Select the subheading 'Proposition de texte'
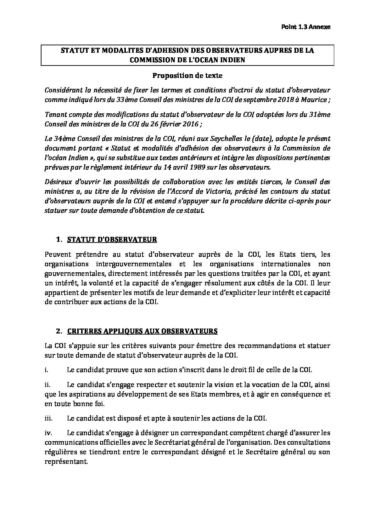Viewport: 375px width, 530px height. tap(187, 75)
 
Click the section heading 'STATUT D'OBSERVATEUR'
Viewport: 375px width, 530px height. tap(112, 240)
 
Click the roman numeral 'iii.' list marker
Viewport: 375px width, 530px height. tap(49, 418)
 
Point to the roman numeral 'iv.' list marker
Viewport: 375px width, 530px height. tap(49, 433)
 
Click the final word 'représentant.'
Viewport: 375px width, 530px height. tap(66, 461)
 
